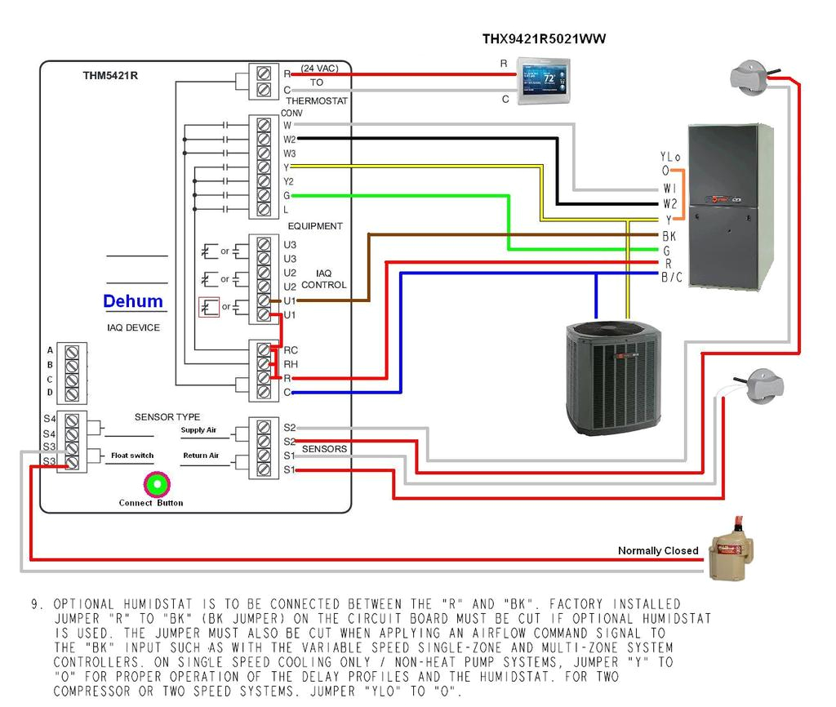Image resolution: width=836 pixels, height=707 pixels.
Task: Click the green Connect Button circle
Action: pos(155,484)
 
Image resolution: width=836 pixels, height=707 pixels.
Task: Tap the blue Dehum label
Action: pos(132,301)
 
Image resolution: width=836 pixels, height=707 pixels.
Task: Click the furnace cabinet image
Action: pos(730,207)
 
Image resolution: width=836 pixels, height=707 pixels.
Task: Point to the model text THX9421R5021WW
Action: pos(544,38)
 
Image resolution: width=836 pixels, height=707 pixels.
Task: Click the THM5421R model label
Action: pos(109,76)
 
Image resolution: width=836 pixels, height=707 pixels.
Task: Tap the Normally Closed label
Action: pos(657,550)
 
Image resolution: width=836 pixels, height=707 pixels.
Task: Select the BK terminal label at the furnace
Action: pos(669,236)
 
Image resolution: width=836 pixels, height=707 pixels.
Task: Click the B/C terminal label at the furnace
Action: pos(671,278)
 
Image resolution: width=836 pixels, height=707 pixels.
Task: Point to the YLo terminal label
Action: pos(669,157)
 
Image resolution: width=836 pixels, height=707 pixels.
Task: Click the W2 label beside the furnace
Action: pos(669,203)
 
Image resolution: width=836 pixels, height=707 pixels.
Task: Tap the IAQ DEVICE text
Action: pos(133,327)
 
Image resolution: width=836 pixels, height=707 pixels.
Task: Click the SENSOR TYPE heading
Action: pos(167,417)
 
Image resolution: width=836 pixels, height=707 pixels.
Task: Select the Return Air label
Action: pos(201,456)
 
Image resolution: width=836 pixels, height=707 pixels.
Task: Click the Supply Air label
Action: pos(198,430)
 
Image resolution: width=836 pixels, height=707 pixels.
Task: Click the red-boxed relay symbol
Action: pos(209,308)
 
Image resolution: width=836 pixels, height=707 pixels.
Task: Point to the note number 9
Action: pos(37,605)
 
